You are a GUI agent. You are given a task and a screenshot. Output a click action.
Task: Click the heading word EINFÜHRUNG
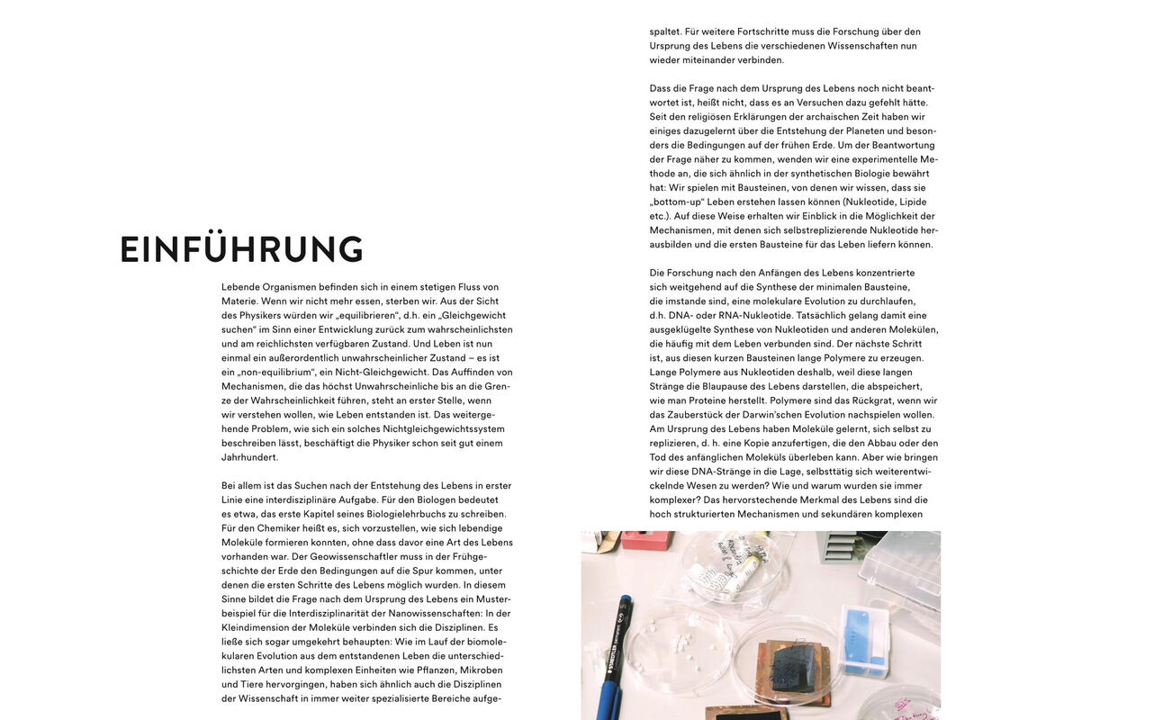[241, 250]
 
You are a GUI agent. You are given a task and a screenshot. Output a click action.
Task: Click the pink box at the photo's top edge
[646, 540]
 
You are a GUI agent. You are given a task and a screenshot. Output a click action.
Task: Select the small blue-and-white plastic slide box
[864, 639]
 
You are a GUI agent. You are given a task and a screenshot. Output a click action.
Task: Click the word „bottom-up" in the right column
[677, 202]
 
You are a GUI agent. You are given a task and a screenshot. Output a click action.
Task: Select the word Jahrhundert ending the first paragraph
[250, 457]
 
